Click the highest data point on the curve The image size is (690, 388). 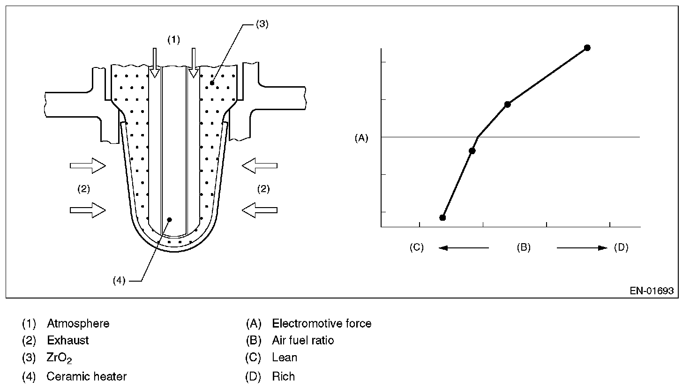(x=587, y=48)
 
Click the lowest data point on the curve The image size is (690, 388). (x=442, y=217)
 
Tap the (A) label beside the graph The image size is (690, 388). (x=361, y=138)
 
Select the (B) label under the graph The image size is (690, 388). (x=523, y=247)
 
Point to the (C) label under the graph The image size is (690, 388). (x=416, y=247)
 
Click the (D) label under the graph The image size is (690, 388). (x=621, y=247)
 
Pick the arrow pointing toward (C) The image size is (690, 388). (x=463, y=248)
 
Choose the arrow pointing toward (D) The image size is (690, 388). (x=582, y=248)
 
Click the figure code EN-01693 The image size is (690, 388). (x=652, y=291)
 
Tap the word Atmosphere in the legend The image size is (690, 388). (x=78, y=323)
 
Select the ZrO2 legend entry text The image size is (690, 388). (x=59, y=358)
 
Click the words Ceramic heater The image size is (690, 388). (x=86, y=376)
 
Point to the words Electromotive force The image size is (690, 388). (x=322, y=323)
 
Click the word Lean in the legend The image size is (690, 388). (x=285, y=358)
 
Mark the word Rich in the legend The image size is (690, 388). (x=283, y=376)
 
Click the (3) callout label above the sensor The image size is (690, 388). (x=262, y=25)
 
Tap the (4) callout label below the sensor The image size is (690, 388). (x=119, y=280)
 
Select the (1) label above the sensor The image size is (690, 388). (x=173, y=39)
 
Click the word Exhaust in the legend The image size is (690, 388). (x=68, y=340)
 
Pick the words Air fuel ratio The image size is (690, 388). (x=303, y=340)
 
